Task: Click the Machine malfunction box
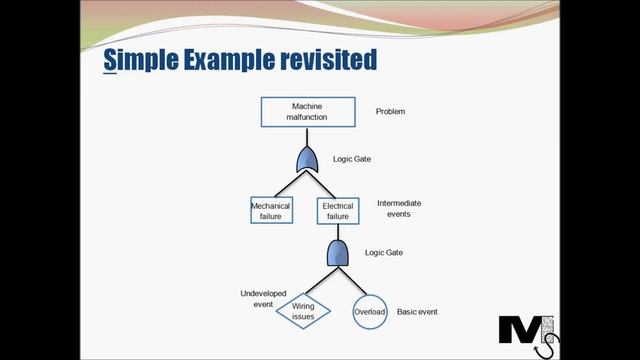point(309,111)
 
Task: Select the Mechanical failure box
point(271,210)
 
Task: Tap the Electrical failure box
point(337,210)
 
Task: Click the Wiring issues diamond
point(303,311)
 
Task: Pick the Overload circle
point(369,311)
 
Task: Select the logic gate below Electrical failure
point(338,253)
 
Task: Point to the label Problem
point(390,112)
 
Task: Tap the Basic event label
point(417,312)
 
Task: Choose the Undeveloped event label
point(257,299)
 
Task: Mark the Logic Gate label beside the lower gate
point(384,253)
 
